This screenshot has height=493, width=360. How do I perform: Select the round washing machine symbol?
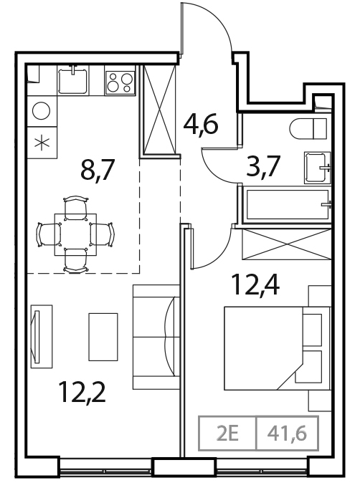coord(41,112)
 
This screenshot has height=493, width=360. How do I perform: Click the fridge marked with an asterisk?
coord(41,141)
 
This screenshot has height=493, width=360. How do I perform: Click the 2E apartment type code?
coord(227,434)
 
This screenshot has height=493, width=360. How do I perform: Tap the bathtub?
coord(285,204)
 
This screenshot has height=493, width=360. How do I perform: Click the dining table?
coord(75,234)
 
